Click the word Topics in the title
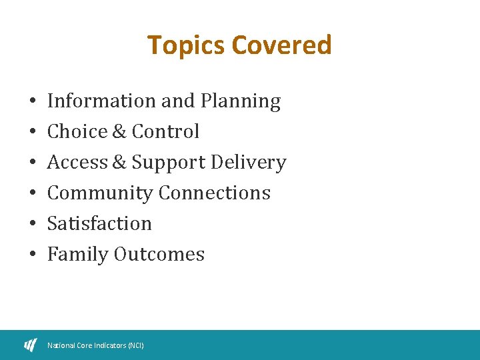pos(187,45)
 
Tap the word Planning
pos(239,101)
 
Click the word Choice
pos(77,131)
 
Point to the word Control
pos(165,131)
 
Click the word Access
pos(77,162)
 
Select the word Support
pos(169,163)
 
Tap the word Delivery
pos(248,162)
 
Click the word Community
pos(100,193)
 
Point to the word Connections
pos(215,193)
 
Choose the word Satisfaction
pos(99,223)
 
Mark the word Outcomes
pos(159,254)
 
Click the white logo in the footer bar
pos(31,345)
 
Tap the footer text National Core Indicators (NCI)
pos(95,345)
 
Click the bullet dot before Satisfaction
pos(32,224)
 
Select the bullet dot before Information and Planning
pos(32,101)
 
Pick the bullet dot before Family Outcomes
pos(32,255)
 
